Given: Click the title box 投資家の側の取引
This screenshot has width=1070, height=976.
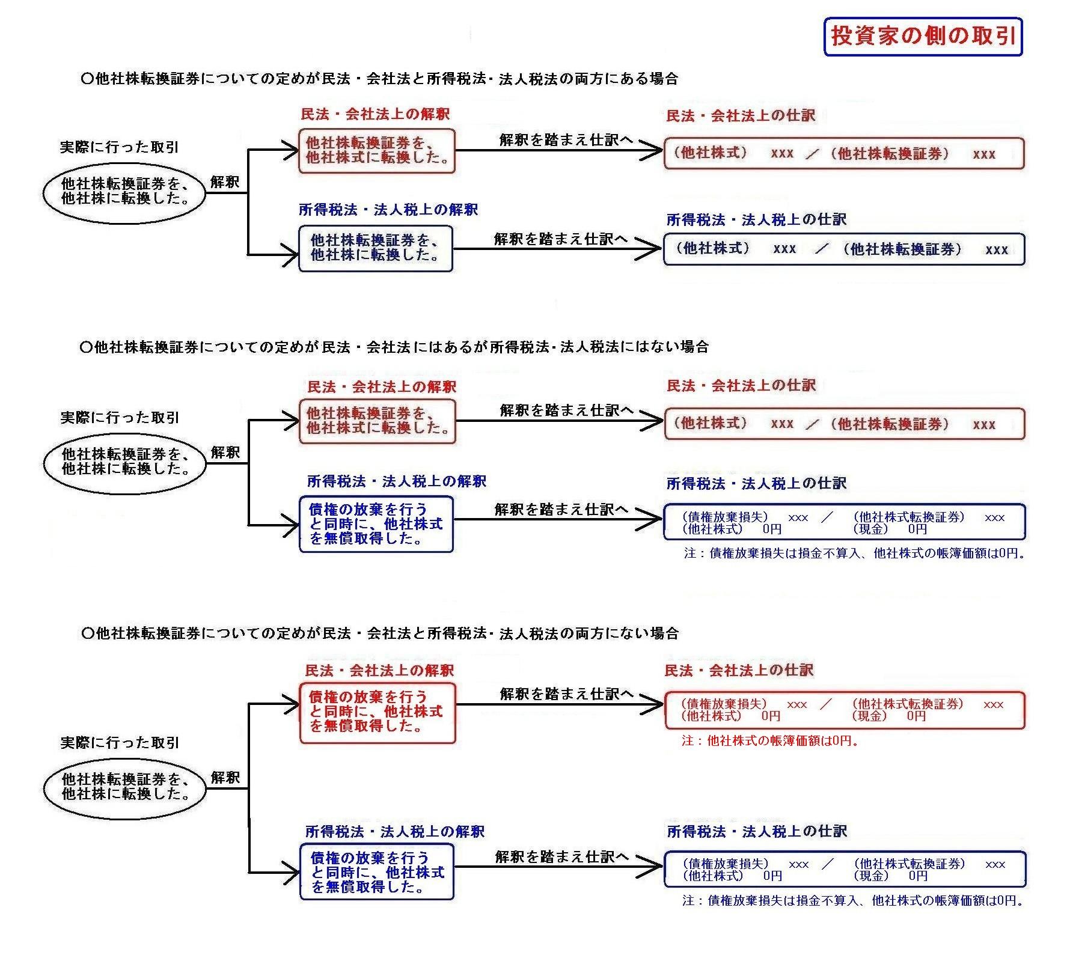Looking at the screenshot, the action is [x=923, y=37].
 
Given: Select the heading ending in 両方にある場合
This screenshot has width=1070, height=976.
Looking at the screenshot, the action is [x=379, y=79].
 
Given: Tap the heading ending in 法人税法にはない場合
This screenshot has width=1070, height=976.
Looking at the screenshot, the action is [x=394, y=347].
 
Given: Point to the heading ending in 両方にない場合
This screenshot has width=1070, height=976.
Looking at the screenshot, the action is [x=379, y=633].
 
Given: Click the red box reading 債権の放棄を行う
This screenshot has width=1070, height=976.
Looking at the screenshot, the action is [x=378, y=713].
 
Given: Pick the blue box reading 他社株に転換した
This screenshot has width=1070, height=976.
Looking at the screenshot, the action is [x=376, y=248].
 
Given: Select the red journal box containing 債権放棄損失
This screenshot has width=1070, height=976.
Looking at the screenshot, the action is [x=844, y=710].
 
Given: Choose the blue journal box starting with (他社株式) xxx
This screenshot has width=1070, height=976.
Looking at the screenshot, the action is [x=844, y=249].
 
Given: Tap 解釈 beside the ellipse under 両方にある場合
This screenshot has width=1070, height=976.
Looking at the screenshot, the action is [x=225, y=182].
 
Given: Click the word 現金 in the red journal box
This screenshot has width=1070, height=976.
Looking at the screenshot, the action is [x=869, y=716].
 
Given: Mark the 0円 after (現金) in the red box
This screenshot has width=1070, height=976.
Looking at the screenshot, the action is [x=916, y=716].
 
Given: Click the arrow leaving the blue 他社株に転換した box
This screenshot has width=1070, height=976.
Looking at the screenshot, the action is [x=557, y=249].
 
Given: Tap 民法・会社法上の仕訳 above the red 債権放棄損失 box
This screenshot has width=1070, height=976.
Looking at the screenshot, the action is [x=739, y=671].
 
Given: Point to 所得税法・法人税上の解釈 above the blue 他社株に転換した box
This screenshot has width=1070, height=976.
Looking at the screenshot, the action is [x=388, y=210].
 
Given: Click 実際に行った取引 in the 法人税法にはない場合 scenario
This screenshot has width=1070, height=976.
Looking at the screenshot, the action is [x=120, y=418].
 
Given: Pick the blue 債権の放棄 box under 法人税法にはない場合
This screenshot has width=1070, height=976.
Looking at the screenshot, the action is [x=376, y=524].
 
